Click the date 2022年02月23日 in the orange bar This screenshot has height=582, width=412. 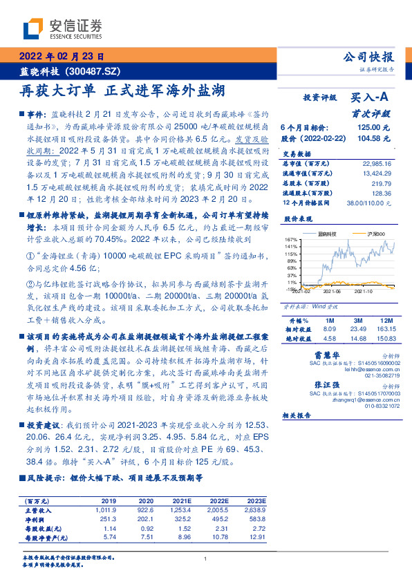(x=62, y=58)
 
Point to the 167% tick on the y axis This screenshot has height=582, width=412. (x=290, y=239)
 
